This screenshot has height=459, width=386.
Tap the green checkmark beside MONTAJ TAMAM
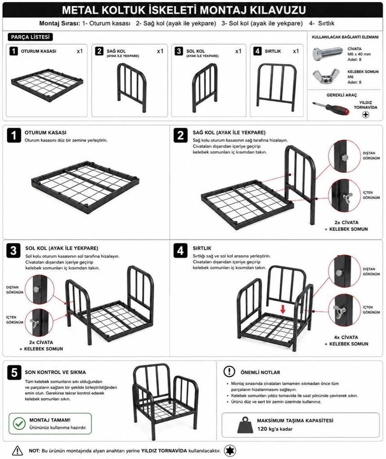pos(20,424)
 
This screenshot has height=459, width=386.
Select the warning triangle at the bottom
pos(18,450)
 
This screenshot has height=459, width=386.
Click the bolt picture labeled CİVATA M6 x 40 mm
pos(327,54)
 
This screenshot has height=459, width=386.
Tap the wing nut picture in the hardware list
pos(326,76)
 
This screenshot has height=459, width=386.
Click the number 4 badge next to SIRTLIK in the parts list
pos(257,51)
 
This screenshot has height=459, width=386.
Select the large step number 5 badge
pos(14,373)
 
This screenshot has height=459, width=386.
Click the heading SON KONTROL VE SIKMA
pos(55,372)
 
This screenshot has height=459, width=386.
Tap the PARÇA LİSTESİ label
pos(30,37)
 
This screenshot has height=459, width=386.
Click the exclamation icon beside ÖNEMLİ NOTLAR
pos(229,372)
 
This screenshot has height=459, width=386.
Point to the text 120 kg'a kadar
pos(275,429)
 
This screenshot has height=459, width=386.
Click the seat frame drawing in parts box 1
pos(47,84)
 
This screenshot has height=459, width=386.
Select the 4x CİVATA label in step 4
pos(346,337)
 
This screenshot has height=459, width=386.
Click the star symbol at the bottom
pos(230,451)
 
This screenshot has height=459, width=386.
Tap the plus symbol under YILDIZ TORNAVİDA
pos(365,114)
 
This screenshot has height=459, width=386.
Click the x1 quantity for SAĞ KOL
pos(160,51)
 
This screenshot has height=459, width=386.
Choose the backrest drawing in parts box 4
pos(276,87)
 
